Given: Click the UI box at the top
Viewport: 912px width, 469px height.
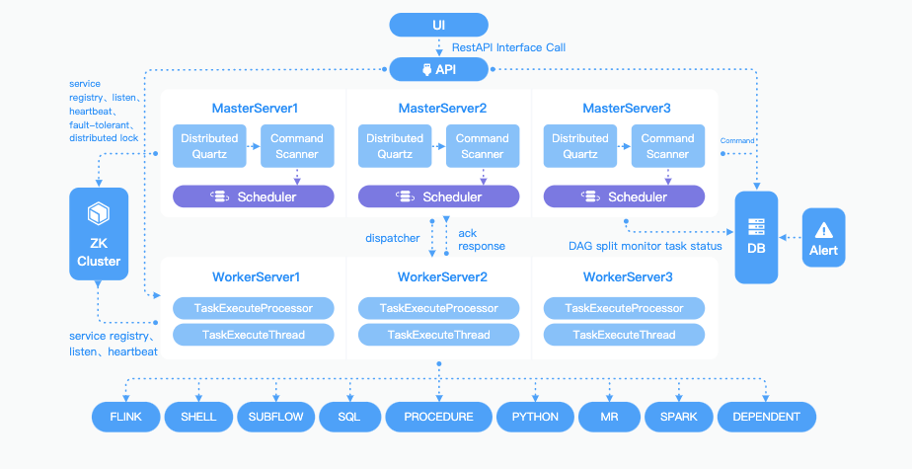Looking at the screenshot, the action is coord(438,25).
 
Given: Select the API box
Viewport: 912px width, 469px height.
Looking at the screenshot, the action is coord(438,69).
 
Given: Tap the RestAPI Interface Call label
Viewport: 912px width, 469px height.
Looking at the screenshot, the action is coord(508,47).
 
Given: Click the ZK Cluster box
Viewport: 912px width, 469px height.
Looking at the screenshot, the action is coord(99,234).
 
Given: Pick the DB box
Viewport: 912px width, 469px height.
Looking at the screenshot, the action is coord(756,237).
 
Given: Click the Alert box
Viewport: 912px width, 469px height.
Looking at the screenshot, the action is coord(823,237).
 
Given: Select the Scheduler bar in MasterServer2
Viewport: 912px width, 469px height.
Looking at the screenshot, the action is coord(438,196).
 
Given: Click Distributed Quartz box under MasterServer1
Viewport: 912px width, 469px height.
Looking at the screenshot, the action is coord(209,146).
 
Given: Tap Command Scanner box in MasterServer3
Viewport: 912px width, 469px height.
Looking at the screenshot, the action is coord(667,146).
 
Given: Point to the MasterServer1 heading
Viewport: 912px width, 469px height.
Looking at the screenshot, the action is coord(255,109).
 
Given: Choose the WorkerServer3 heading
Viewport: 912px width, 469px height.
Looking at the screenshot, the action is coord(628,277).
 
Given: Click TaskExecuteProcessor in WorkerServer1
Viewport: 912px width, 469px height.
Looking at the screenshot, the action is coord(254,308).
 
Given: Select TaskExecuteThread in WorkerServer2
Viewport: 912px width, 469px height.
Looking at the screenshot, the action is coord(438,335).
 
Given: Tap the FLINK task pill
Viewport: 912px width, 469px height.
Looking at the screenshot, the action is coord(126,417).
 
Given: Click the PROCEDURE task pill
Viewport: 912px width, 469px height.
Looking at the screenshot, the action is coord(438,417).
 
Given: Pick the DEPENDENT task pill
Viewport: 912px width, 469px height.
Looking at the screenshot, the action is coord(767,417).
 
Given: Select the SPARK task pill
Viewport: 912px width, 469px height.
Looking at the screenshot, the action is coord(679,417).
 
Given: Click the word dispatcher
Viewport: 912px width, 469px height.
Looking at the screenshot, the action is coord(393,238).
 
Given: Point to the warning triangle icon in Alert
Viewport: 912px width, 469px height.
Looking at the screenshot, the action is coord(823,230).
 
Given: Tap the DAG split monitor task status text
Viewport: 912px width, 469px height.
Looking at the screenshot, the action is coord(646,246).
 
